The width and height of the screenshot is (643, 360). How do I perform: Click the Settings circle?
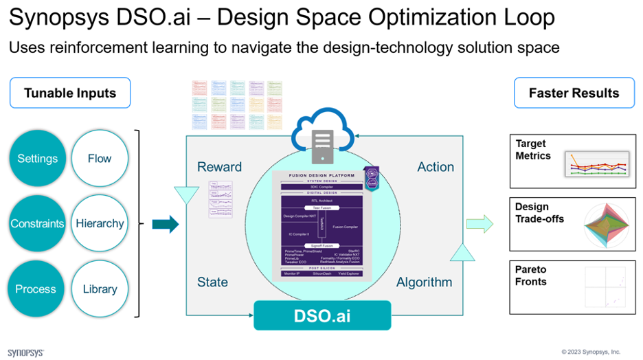tap(38, 159)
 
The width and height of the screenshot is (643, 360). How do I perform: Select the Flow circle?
tap(100, 159)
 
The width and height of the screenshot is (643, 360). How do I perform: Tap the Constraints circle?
tap(38, 224)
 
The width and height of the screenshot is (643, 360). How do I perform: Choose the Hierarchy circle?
tap(100, 224)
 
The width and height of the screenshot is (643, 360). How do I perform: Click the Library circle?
tap(100, 289)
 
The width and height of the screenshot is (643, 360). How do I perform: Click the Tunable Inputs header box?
tap(70, 93)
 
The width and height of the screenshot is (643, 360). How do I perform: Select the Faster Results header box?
tap(574, 93)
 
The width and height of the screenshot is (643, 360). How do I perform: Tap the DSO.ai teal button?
tap(322, 316)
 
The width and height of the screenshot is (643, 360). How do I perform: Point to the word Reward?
tap(219, 167)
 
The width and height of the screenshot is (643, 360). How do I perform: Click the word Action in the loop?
tap(436, 167)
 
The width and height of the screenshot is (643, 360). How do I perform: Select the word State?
tap(212, 282)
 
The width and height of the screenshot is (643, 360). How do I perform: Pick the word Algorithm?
tap(424, 282)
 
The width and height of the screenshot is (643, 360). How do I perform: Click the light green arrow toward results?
tap(480, 223)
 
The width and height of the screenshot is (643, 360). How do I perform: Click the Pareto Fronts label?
tap(531, 275)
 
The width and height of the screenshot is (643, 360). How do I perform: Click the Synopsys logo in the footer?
tap(26, 352)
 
